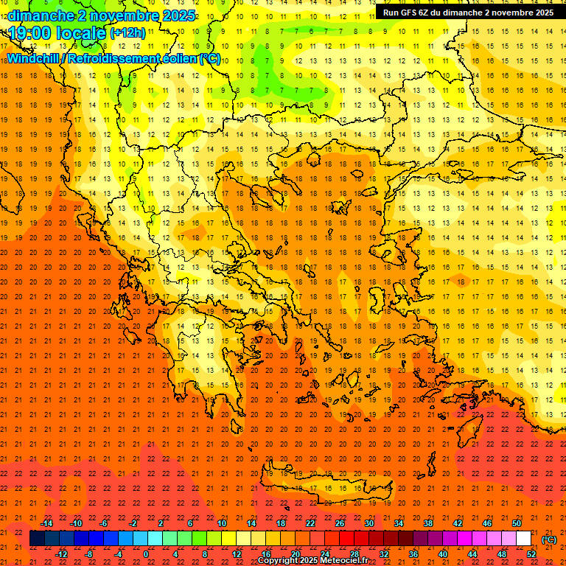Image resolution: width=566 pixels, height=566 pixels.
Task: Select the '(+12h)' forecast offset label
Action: tap(127, 32)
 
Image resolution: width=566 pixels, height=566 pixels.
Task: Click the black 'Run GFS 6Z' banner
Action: tap(468, 13)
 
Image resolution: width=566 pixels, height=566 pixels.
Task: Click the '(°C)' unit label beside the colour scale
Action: tap(548, 539)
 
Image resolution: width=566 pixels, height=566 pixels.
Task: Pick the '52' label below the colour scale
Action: tap(531, 554)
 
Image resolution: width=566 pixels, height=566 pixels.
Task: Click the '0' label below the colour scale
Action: tap(147, 554)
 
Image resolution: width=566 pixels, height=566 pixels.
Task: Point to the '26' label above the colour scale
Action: tap(340, 523)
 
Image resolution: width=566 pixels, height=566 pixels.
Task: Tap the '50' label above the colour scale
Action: tap(517, 523)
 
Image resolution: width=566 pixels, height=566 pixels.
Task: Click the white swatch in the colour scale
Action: tap(523, 539)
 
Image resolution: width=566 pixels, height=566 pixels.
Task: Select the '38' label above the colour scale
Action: tap(428, 523)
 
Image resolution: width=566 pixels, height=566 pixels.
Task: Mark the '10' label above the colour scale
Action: tap(222, 523)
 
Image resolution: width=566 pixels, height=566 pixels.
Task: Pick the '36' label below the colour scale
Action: tap(413, 554)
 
